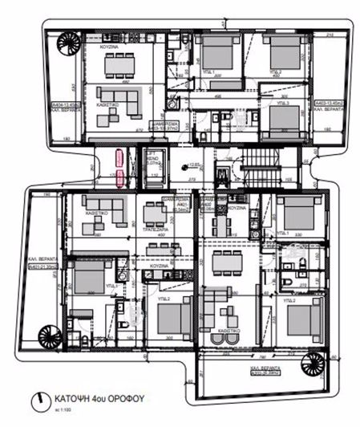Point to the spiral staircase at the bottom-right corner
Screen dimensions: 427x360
(x=309, y=367)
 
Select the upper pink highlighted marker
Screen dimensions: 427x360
(x=119, y=157)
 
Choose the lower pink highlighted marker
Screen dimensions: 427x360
(x=119, y=177)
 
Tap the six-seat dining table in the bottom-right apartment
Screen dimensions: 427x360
(x=229, y=260)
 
